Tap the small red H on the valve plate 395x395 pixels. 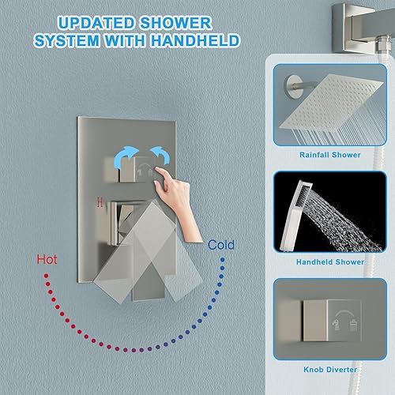click(x=98, y=201)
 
